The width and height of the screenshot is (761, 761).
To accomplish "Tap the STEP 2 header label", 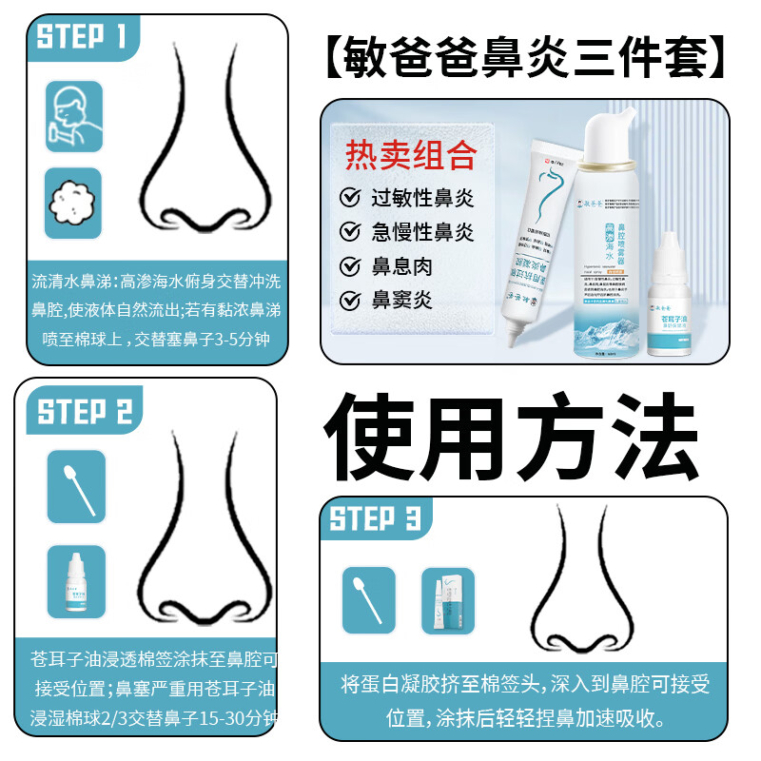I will point(85,412).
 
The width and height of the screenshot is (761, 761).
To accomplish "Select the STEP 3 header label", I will point(375,519).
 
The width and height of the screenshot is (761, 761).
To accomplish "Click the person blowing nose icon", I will point(73,111).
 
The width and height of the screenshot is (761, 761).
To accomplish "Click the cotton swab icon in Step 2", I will point(76,486).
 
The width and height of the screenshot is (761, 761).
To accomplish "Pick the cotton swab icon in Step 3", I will point(368,600).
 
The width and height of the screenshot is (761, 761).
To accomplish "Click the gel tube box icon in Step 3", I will point(447,600).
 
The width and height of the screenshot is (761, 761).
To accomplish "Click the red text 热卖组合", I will point(410,154).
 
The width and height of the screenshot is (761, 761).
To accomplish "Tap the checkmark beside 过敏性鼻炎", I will point(350,198).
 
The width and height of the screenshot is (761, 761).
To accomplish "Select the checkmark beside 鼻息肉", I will point(350,266).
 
